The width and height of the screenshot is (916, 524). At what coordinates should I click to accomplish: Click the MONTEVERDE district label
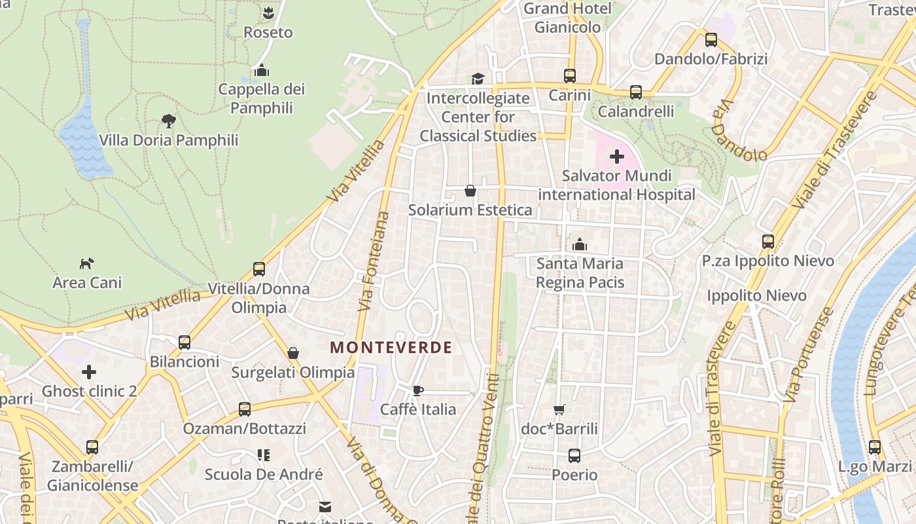coord(391,347)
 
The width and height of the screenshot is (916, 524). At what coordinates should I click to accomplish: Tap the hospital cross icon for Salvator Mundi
coord(616,157)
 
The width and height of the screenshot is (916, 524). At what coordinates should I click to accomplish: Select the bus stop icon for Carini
coord(569,76)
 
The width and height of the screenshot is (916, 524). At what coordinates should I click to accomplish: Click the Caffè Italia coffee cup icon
coord(418,390)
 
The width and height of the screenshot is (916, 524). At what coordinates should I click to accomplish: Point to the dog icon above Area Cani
coord(86,263)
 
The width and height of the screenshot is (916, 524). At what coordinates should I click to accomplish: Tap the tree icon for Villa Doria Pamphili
coord(168,121)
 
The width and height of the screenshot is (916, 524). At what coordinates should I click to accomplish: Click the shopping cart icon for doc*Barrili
coord(559,409)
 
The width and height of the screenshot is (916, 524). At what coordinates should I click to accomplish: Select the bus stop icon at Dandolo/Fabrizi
coord(711,40)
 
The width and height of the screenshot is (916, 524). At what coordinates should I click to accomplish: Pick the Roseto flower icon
coord(268,12)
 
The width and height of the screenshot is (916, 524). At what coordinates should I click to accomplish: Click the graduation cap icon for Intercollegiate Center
coord(478,79)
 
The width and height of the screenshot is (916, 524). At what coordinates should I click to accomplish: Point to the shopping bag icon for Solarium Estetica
coord(470,191)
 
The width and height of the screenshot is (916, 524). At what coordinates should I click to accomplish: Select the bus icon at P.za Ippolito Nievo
coord(767,241)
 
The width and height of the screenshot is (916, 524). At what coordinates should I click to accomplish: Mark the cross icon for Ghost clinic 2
coord(89,372)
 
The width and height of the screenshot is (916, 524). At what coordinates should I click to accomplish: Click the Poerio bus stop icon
coord(574,455)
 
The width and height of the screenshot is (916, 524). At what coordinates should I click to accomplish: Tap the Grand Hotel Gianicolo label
coord(567,18)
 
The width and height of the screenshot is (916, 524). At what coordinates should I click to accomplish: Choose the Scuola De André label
coord(264,474)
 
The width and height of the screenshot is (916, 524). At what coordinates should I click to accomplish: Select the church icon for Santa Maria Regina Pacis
coord(579,244)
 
